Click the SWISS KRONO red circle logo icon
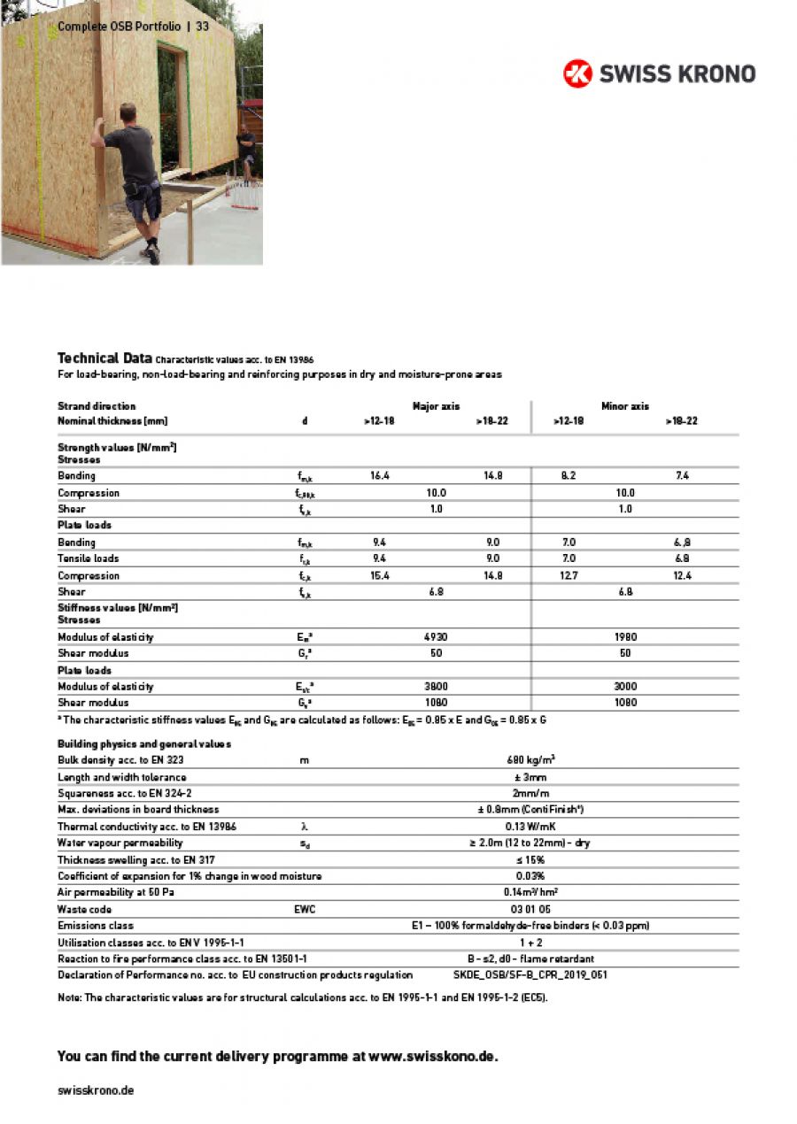tap(577, 73)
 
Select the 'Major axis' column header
tap(436, 406)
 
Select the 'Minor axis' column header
tap(625, 406)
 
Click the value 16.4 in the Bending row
tap(379, 476)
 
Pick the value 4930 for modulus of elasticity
tap(436, 637)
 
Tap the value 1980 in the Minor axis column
tap(625, 637)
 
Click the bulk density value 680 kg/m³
tap(530, 760)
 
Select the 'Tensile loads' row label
tap(89, 558)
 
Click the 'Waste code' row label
tap(84, 909)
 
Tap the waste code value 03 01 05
tap(530, 909)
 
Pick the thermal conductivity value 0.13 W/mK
tap(530, 827)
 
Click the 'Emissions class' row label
tap(96, 926)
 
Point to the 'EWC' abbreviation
tap(304, 909)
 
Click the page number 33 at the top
tap(203, 27)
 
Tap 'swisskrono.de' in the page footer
tap(96, 1090)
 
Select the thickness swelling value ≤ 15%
tap(530, 859)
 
